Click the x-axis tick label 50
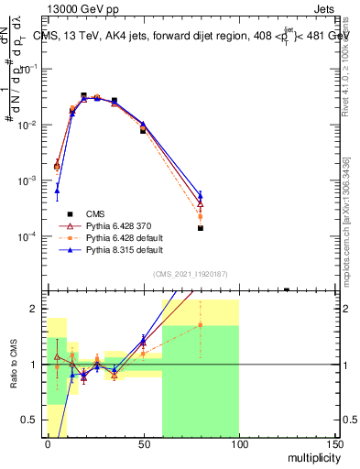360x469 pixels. [x=143, y=444]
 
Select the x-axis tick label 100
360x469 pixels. [x=238, y=444]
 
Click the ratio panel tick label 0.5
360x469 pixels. [x=31, y=420]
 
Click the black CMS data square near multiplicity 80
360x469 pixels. [x=200, y=228]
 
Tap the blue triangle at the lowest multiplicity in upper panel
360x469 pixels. [x=57, y=191]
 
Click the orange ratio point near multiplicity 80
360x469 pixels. [x=200, y=325]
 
